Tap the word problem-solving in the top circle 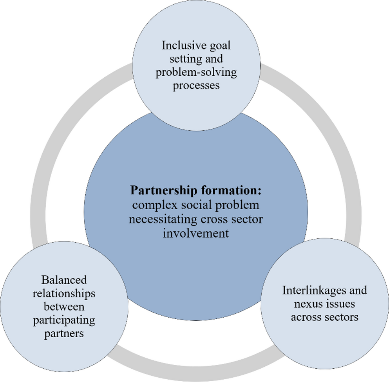197,72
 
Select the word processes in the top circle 197,86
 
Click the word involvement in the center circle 197,234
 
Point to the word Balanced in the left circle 63,280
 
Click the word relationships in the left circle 63,294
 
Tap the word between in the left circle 63,307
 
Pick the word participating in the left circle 63,320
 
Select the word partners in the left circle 63,334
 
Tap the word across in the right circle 305,317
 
